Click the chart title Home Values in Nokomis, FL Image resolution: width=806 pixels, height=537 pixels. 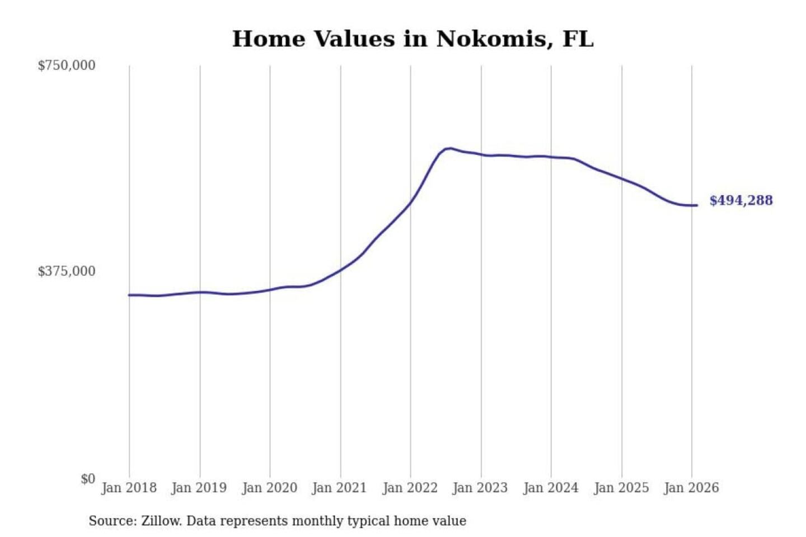pyautogui.click(x=413, y=39)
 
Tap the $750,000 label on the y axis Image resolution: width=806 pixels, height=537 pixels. pyautogui.click(x=67, y=65)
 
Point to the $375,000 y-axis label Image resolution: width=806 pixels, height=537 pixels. pyautogui.click(x=67, y=271)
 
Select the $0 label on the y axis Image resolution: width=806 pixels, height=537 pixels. pyautogui.click(x=88, y=479)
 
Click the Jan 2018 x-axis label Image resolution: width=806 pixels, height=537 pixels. pyautogui.click(x=129, y=488)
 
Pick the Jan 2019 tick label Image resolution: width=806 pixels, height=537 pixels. pyautogui.click(x=199, y=488)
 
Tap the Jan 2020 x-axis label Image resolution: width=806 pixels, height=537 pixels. pyautogui.click(x=269, y=488)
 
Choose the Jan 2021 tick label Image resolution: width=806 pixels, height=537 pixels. pyautogui.click(x=339, y=488)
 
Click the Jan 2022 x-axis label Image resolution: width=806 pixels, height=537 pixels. pyautogui.click(x=410, y=488)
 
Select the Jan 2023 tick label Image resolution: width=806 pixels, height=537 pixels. pyautogui.click(x=480, y=488)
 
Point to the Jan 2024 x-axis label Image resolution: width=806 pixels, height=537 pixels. pyautogui.click(x=550, y=488)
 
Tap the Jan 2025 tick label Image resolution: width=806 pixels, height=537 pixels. pyautogui.click(x=621, y=488)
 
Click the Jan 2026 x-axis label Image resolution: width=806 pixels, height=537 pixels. pyautogui.click(x=691, y=488)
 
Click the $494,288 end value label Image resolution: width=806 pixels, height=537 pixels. pyautogui.click(x=741, y=200)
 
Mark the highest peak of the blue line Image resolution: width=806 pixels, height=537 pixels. pyautogui.click(x=449, y=148)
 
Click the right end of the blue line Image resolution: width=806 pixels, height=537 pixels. pyautogui.click(x=696, y=205)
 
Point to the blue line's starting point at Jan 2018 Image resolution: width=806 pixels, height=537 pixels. pyautogui.click(x=129, y=295)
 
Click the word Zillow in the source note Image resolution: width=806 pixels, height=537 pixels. pyautogui.click(x=161, y=521)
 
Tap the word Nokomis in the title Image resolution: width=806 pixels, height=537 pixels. pyautogui.click(x=490, y=39)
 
